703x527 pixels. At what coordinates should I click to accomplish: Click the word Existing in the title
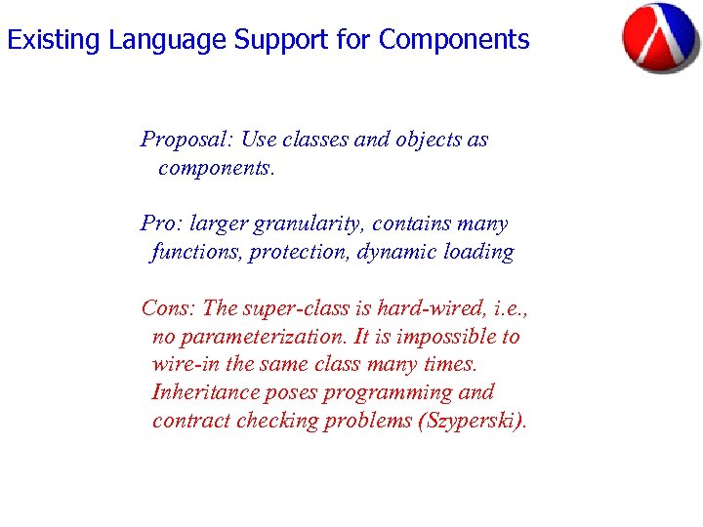pyautogui.click(x=54, y=40)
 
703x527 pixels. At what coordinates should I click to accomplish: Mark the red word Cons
pyautogui.click(x=169, y=308)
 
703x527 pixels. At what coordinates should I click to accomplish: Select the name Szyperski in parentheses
pyautogui.click(x=470, y=421)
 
